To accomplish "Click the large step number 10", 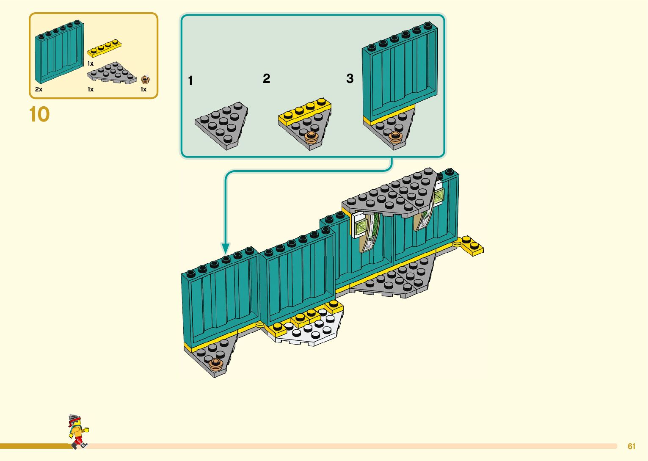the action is pos(39,114).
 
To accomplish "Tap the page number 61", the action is pos(631,446).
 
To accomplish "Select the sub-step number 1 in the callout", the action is pos(190,80).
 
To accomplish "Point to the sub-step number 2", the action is pos(266,78).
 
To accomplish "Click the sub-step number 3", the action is pos(350,78).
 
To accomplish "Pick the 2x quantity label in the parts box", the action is pos(39,89).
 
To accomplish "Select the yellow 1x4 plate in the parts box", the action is pos(104,48).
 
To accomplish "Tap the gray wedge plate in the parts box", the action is pos(111,73).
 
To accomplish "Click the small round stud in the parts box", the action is pos(145,79).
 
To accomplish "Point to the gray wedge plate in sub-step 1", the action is pos(221,125).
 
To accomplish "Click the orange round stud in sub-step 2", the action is pos(312,136).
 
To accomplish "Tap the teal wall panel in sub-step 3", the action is pos(399,72).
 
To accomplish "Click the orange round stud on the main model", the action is pos(216,363).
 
